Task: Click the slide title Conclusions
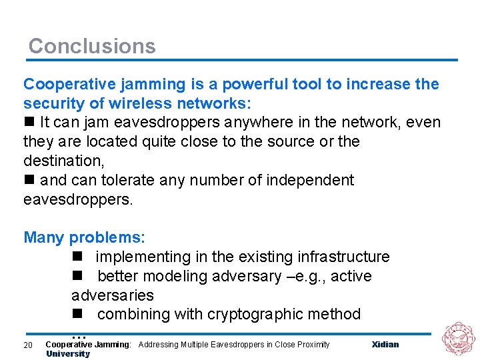point(92,46)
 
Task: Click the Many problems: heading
point(84,237)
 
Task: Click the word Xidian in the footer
point(385,345)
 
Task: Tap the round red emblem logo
point(459,338)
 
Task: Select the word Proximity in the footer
point(311,345)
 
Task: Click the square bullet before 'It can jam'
point(29,123)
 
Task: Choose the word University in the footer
point(67,354)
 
